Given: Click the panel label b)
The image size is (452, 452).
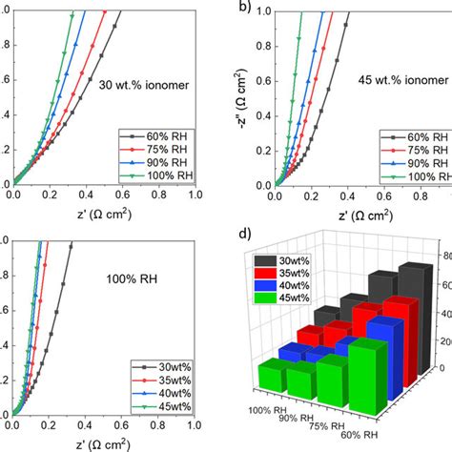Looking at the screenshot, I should tap(245, 10).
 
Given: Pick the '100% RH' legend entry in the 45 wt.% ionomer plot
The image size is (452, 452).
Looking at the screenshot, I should tap(413, 178).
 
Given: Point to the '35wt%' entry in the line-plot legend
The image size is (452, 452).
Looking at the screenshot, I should tap(164, 378).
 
